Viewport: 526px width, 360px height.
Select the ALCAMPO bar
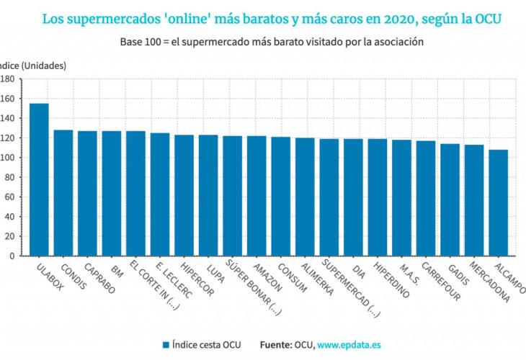[498, 202]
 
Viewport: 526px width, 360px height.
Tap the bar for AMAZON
[257, 195]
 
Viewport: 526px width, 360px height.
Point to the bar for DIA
[353, 197]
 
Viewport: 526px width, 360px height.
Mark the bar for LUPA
[208, 195]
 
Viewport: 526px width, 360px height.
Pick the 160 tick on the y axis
[9, 99]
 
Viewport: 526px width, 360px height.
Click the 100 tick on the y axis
[9, 158]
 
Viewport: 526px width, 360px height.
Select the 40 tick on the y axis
[11, 216]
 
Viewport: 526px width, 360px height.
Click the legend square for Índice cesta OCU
[166, 344]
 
